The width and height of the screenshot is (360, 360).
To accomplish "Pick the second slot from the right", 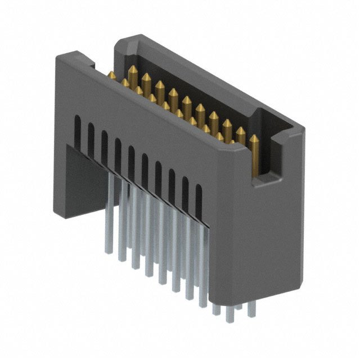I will (x=185, y=191).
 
